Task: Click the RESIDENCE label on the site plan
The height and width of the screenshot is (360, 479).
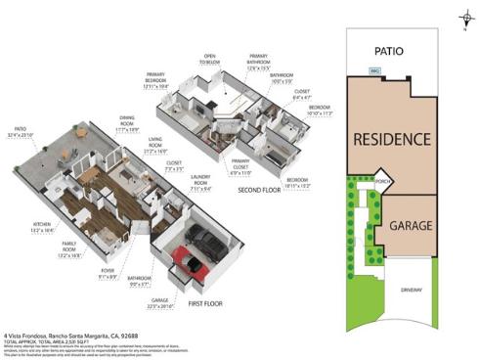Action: pos(391,139)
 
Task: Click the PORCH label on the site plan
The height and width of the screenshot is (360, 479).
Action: pos(383,182)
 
